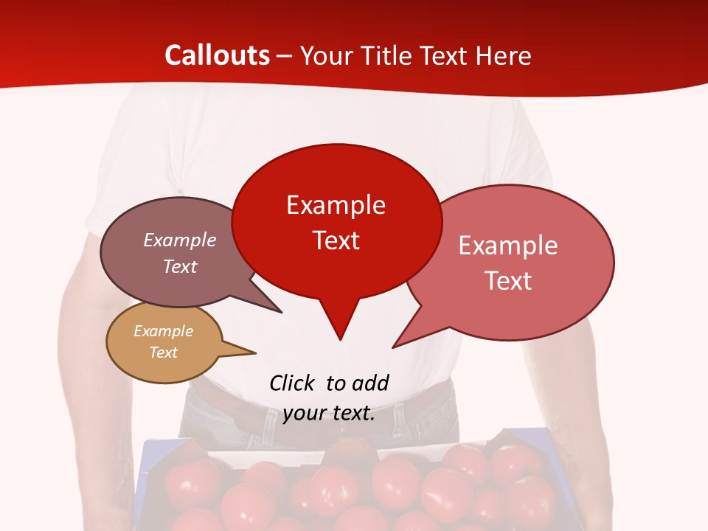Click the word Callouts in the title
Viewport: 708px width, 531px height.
217,55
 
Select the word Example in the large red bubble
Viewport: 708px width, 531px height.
336,204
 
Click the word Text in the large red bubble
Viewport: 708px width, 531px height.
336,240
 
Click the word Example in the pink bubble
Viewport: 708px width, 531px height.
508,245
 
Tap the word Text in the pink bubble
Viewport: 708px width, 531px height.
509,280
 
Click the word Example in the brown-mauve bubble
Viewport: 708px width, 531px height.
180,240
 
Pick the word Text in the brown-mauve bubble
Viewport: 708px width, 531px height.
180,266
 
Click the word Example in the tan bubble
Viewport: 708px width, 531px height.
163,331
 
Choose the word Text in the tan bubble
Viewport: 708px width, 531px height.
163,353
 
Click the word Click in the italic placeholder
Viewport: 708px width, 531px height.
292,383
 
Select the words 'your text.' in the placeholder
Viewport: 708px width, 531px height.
329,414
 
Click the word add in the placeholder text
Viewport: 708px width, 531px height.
370,383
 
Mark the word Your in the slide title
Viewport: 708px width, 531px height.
327,56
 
